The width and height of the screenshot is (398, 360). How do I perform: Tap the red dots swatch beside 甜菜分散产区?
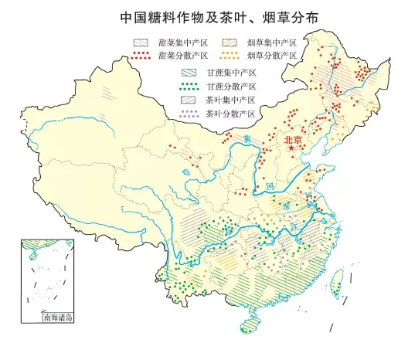(141, 56)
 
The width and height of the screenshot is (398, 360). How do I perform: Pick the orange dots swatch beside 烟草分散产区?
(230, 56)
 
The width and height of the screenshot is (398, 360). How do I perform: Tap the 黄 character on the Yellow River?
(247, 138)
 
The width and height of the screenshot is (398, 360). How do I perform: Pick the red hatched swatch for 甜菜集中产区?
(141, 43)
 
